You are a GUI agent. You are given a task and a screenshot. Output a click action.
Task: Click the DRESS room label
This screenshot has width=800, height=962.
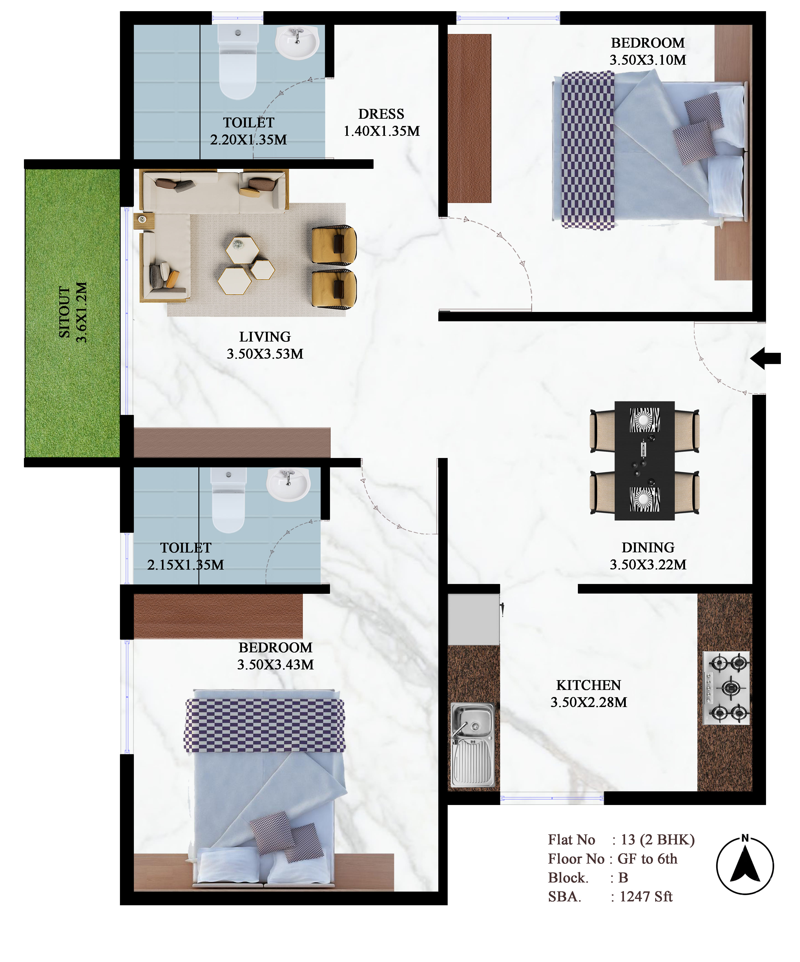(382, 114)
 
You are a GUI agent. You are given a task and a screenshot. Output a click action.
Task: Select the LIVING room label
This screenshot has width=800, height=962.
(265, 337)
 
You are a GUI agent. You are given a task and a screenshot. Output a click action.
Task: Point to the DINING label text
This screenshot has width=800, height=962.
(648, 548)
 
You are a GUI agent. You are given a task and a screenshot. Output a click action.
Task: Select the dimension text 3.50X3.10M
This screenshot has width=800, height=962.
(648, 60)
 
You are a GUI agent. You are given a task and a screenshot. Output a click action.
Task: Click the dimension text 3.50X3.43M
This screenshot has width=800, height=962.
(275, 665)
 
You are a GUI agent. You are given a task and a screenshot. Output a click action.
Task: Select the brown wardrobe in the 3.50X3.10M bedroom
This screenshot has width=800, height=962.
(470, 118)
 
